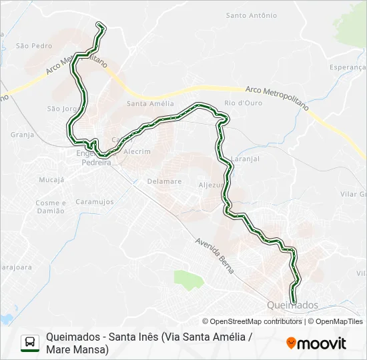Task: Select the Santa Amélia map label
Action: click(x=150, y=103)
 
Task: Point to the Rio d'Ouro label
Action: click(x=239, y=103)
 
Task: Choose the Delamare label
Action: click(x=164, y=181)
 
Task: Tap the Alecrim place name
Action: click(x=137, y=151)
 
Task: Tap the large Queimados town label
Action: click(x=292, y=305)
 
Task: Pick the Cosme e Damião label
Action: click(x=50, y=207)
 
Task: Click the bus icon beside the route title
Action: click(x=30, y=343)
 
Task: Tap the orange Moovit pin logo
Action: click(x=291, y=343)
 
